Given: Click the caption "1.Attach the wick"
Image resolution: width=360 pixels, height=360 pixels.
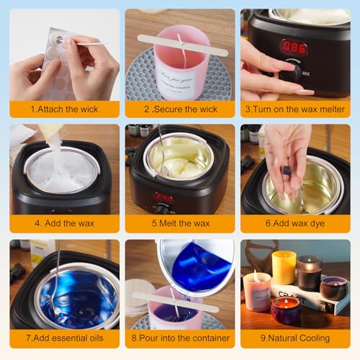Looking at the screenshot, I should coord(64,109).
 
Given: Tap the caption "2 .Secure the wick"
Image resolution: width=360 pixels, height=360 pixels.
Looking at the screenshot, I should coord(179,109).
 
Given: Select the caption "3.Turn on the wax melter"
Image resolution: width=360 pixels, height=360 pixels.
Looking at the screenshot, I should coord(294,109).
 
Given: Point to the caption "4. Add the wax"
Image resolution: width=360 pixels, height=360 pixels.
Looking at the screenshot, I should coord(64,224).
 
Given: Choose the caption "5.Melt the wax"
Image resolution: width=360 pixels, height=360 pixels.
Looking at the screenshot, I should coord(179,224).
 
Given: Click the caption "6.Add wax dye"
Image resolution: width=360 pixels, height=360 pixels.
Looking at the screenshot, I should coord(294,224).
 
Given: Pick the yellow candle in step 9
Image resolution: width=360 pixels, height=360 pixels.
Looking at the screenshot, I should coord(284,267).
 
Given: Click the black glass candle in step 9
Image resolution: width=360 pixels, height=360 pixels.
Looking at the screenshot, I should coord(309,272).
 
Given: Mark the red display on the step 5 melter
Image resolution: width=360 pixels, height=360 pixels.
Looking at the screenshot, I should coord(163,198).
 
